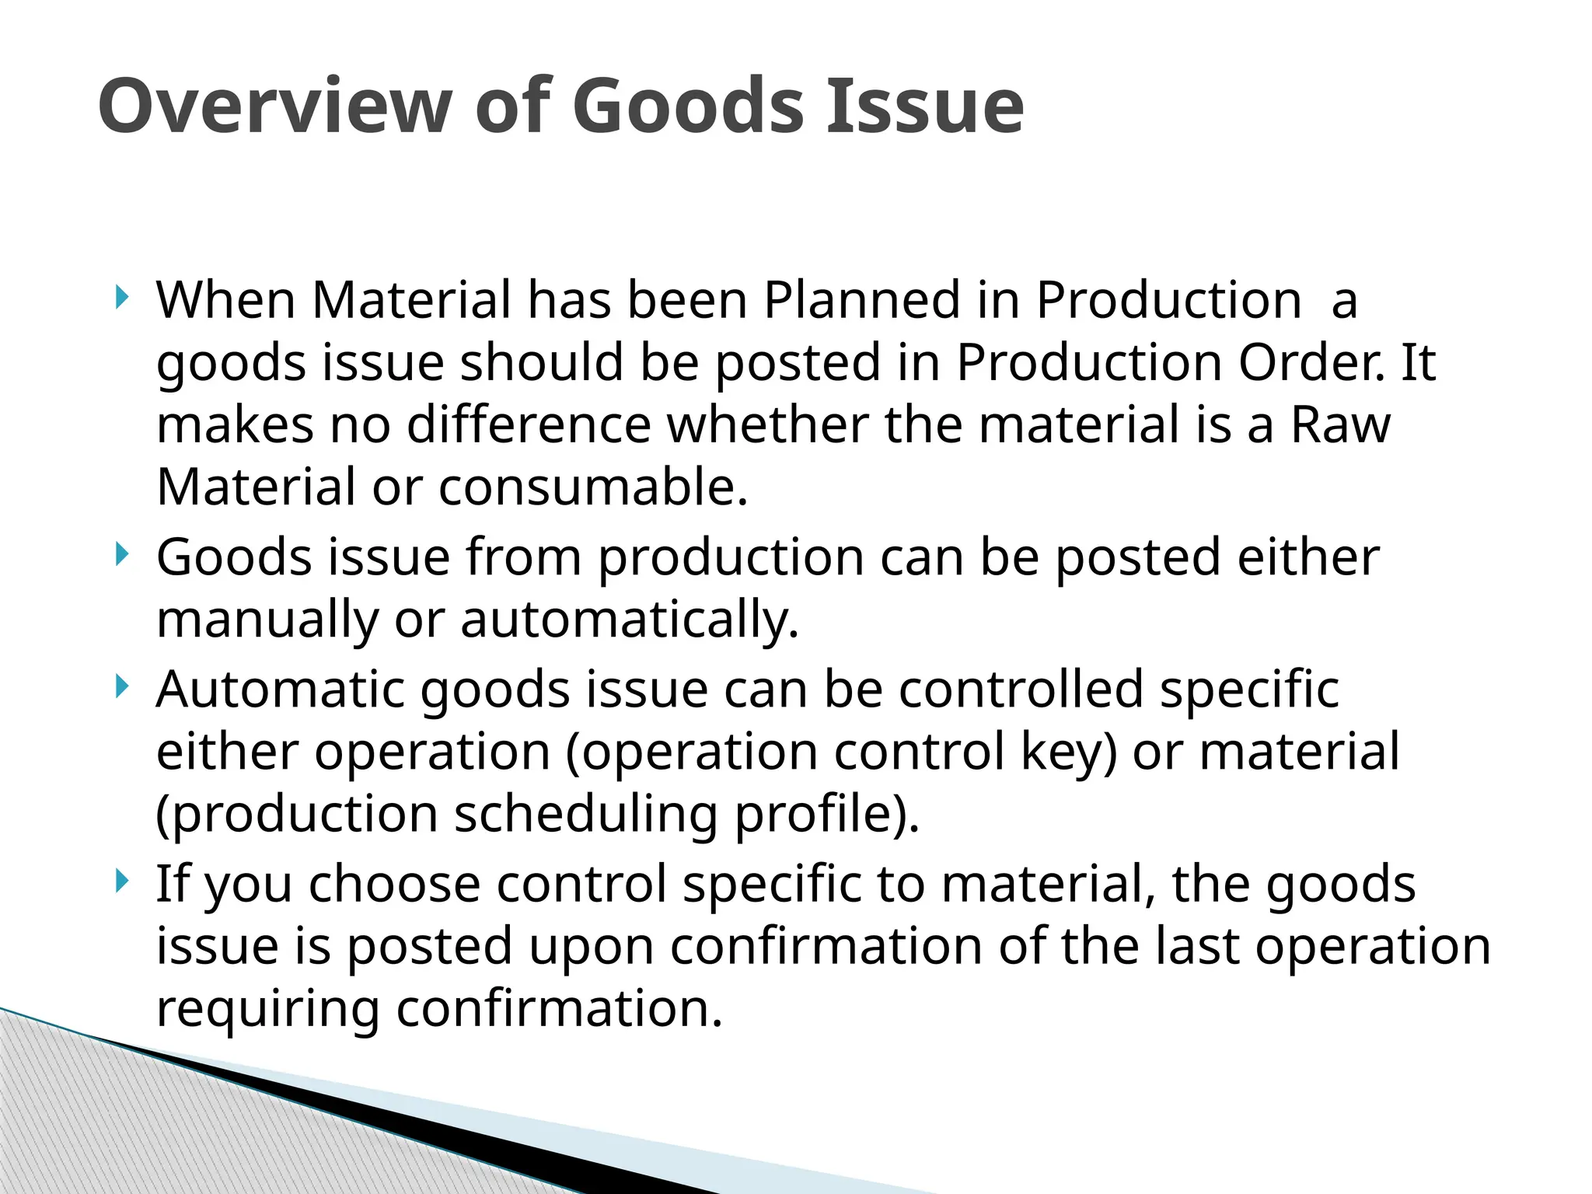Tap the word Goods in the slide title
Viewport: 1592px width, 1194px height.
coord(688,106)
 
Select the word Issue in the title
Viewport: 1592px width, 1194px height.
coord(924,106)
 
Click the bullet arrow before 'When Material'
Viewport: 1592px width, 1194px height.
coord(120,297)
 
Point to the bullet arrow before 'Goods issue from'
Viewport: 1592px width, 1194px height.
coord(120,554)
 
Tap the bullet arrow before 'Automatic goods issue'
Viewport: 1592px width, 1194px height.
coord(120,686)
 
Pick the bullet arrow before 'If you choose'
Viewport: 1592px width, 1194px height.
coord(120,881)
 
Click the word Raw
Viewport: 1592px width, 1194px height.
coord(1340,424)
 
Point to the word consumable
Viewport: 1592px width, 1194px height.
coord(592,487)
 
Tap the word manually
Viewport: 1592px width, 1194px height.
coord(267,620)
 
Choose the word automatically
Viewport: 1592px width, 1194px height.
coord(630,620)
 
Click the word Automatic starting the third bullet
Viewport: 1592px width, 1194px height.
coord(280,690)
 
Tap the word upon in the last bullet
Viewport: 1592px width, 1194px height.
coord(584,946)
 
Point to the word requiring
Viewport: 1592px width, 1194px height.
coord(268,1008)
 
